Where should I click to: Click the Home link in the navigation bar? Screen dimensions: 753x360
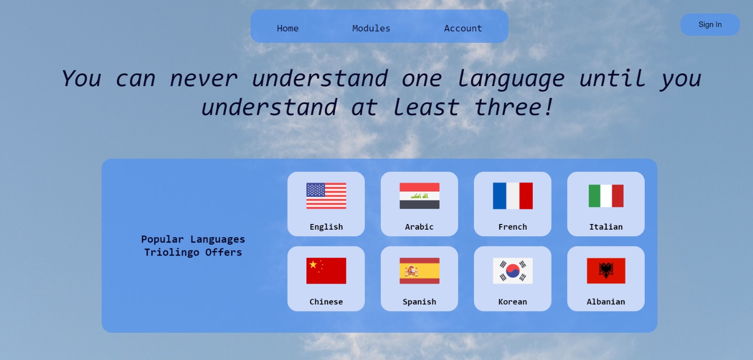pyautogui.click(x=288, y=28)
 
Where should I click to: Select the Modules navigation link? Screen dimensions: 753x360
pyautogui.click(x=371, y=28)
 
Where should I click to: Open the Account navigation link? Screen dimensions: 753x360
pyautogui.click(x=463, y=28)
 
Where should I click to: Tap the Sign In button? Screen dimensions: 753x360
pyautogui.click(x=710, y=24)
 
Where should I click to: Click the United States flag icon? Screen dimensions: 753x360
pyautogui.click(x=326, y=196)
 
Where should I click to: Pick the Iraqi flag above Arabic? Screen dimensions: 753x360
pyautogui.click(x=419, y=196)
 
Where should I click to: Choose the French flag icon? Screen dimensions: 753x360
pyautogui.click(x=513, y=196)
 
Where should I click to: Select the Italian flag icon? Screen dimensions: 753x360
pyautogui.click(x=606, y=196)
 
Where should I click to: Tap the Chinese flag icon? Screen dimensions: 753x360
pyautogui.click(x=326, y=271)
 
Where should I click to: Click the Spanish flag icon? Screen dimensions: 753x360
pyautogui.click(x=419, y=271)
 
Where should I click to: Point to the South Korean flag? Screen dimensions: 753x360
pyautogui.click(x=513, y=271)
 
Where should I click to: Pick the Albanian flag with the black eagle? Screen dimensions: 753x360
pyautogui.click(x=606, y=271)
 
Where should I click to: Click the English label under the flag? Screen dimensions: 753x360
pyautogui.click(x=326, y=227)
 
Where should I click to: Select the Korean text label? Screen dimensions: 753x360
pyautogui.click(x=513, y=302)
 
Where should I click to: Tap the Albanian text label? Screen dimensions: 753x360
pyautogui.click(x=606, y=302)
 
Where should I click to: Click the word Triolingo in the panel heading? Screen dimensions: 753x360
pyautogui.click(x=171, y=252)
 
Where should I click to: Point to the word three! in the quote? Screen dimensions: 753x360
pyautogui.click(x=513, y=107)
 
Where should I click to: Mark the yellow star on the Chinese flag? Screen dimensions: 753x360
pyautogui.click(x=313, y=264)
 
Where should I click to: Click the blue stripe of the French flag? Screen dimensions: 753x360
pyautogui.click(x=499, y=196)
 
